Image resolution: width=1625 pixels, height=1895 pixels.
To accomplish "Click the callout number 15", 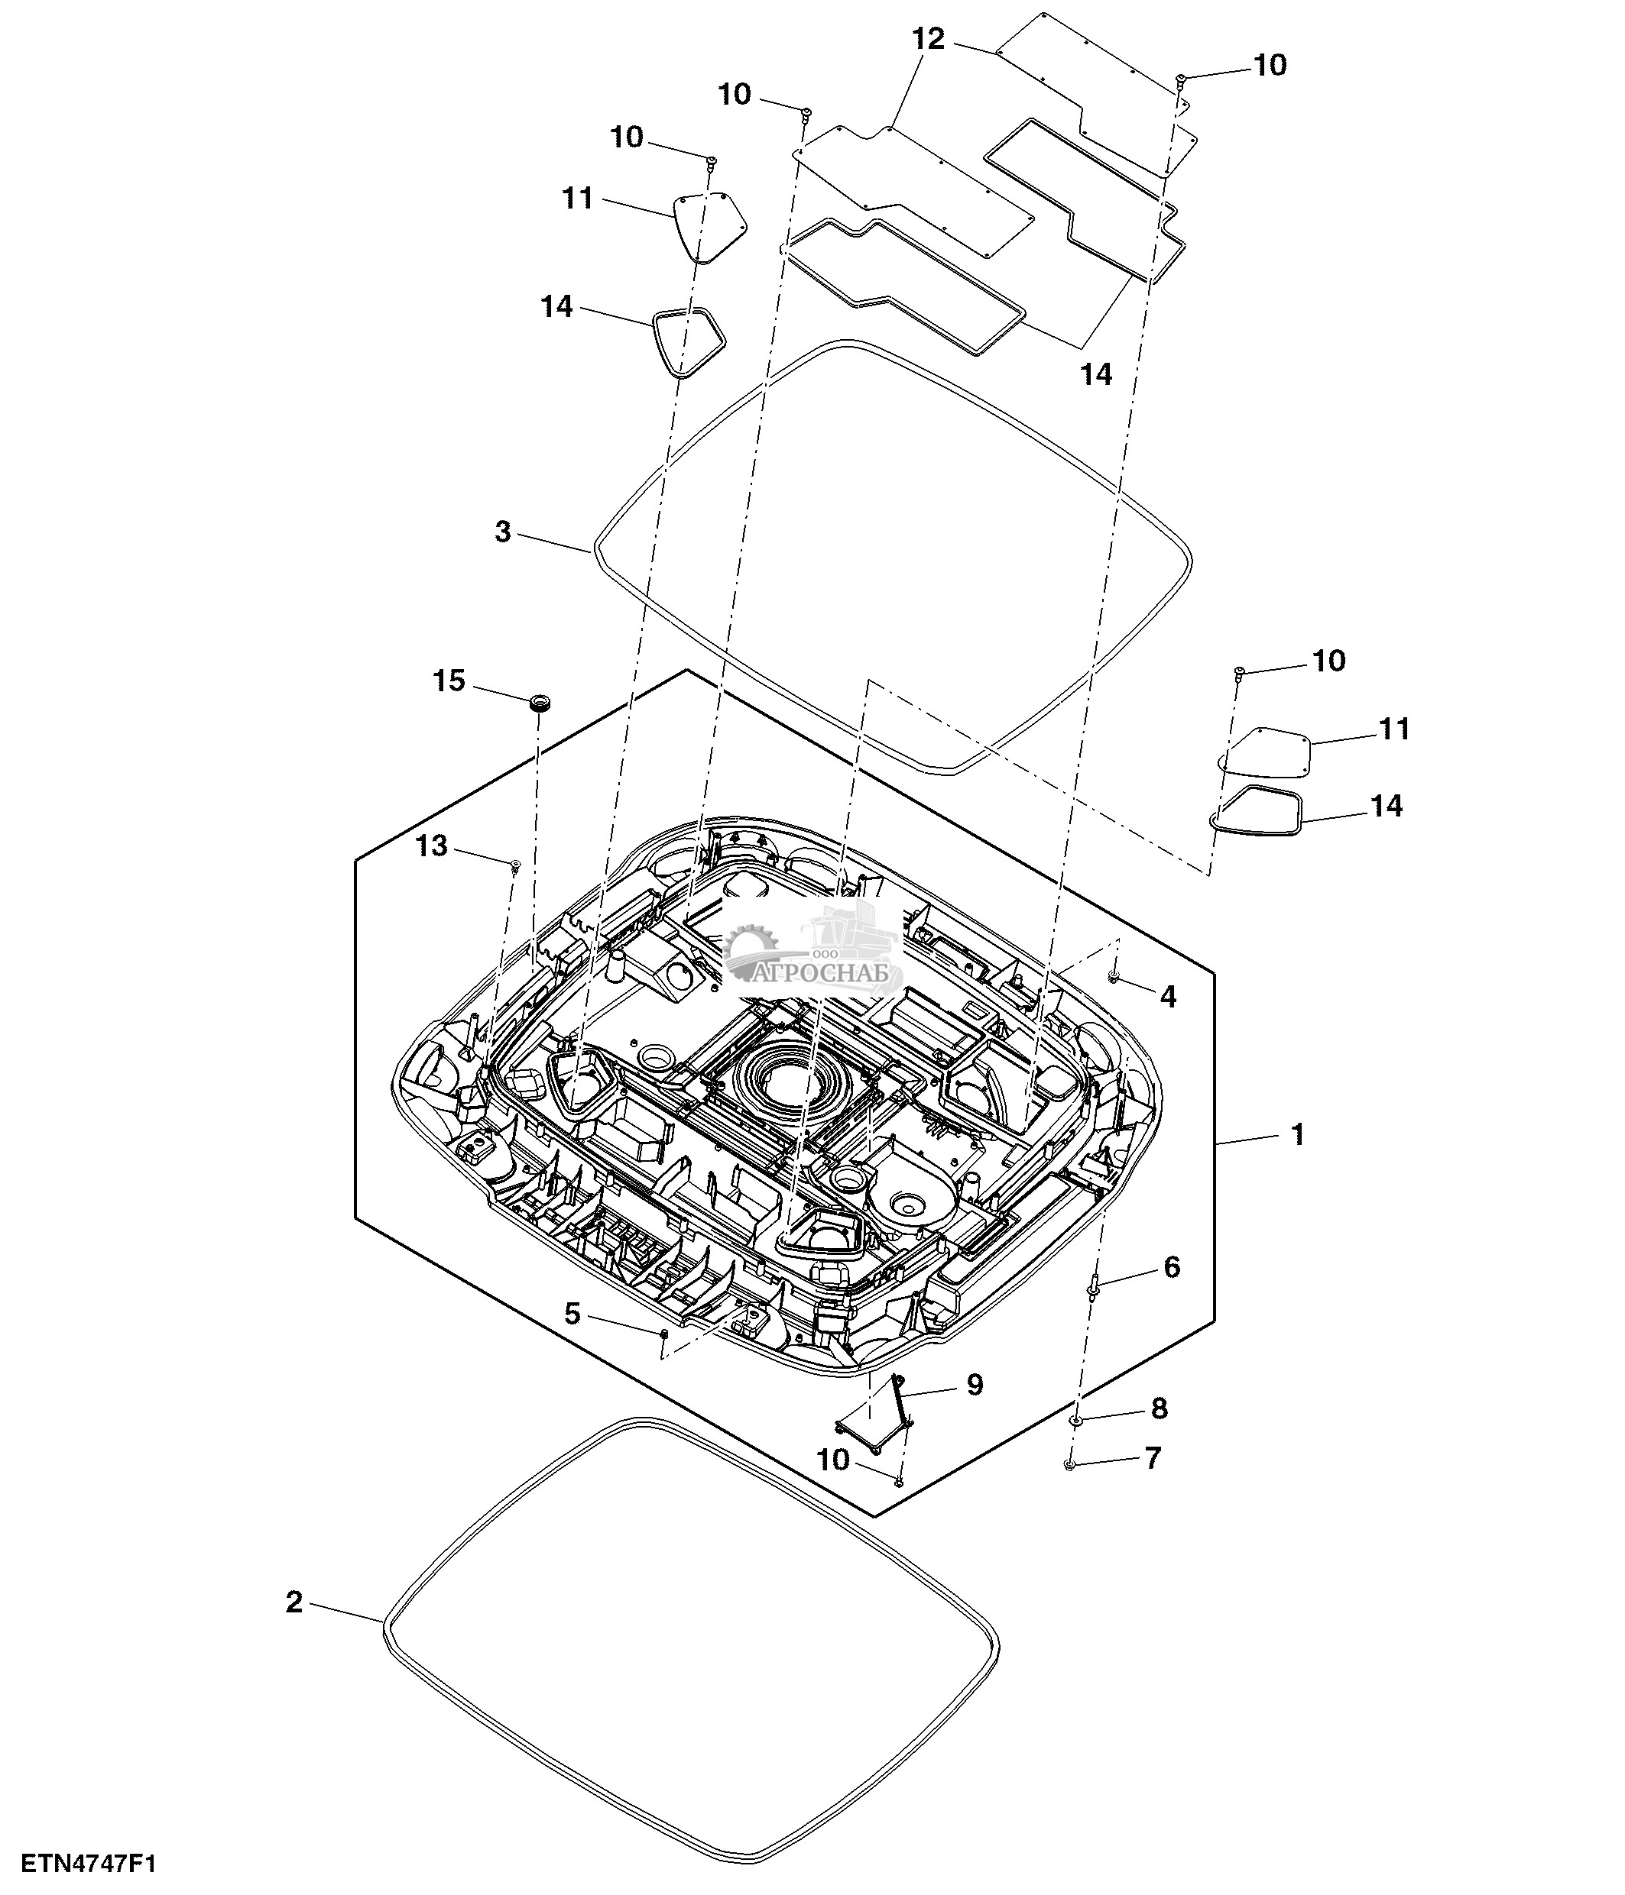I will tap(449, 681).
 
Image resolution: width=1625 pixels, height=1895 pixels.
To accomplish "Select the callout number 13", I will tap(432, 846).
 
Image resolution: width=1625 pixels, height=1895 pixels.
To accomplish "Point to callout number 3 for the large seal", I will tap(502, 532).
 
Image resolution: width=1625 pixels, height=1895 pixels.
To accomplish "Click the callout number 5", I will tap(572, 1315).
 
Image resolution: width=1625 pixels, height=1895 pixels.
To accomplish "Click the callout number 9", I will tap(975, 1385).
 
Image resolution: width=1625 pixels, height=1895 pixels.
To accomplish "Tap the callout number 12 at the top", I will tap(928, 39).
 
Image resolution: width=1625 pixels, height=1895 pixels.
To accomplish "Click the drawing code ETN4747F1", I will tap(89, 1864).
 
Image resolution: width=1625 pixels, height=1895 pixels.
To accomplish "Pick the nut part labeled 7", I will tap(1069, 1465).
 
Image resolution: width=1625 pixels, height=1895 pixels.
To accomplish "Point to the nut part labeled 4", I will tap(1114, 978).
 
